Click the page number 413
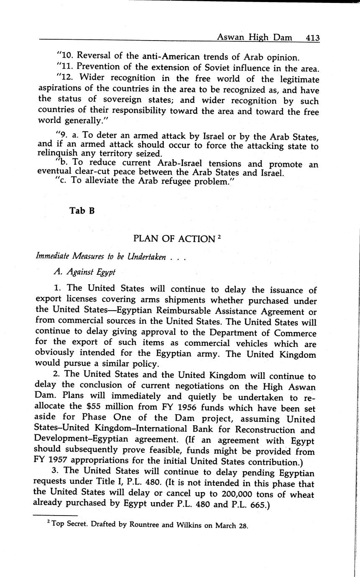click(312, 38)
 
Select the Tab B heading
click(82, 211)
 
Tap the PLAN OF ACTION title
click(174, 239)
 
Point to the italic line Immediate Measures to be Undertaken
click(102, 257)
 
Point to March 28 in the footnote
click(232, 526)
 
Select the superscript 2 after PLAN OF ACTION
click(219, 236)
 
